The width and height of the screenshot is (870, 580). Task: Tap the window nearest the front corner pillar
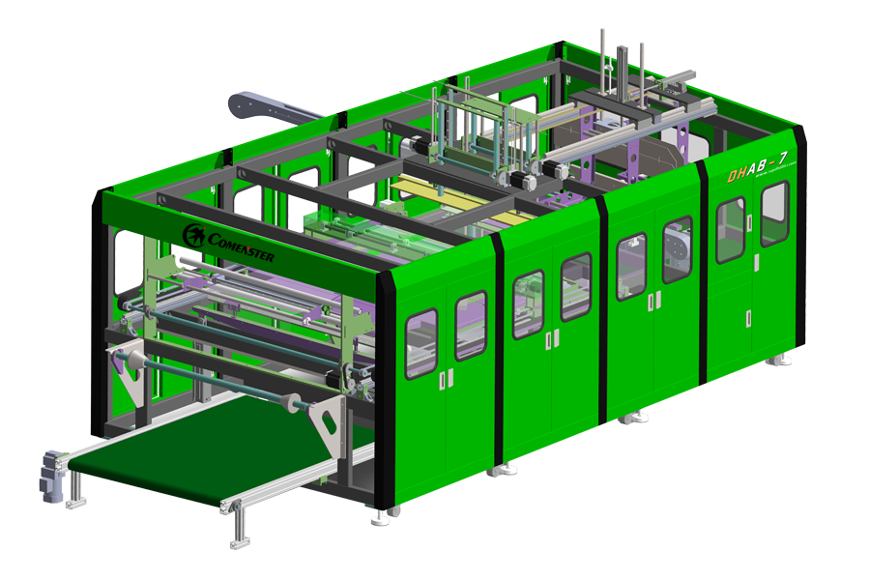click(420, 343)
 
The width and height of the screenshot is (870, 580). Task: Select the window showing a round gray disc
click(677, 249)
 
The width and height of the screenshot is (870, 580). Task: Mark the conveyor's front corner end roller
click(230, 505)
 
